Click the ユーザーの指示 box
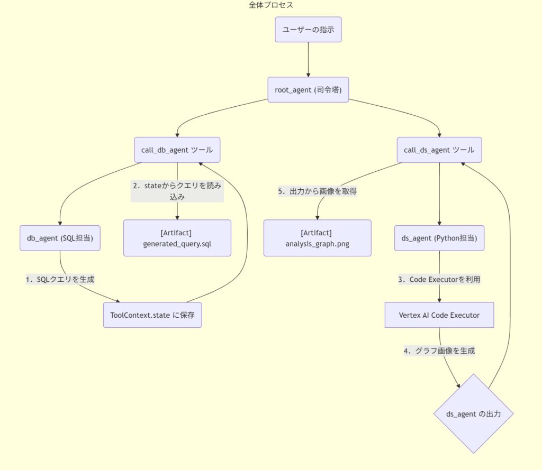point(308,30)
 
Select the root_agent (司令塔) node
point(308,90)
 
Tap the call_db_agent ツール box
point(177,150)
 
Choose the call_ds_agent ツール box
point(439,150)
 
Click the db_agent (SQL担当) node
point(60,238)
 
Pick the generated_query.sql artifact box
point(177,238)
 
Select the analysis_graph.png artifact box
point(318,238)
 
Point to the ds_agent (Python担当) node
point(439,238)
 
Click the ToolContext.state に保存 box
point(152,315)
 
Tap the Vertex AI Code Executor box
point(439,315)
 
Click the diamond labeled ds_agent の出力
point(473,413)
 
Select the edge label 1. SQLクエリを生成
point(60,279)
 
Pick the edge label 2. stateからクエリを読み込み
point(177,191)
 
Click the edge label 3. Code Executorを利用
point(439,279)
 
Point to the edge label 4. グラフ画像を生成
point(439,351)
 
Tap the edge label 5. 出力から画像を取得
point(318,191)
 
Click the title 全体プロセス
point(270,5)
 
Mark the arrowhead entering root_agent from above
point(308,75)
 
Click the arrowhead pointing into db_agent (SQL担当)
point(60,224)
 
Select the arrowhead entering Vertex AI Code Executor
point(439,300)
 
